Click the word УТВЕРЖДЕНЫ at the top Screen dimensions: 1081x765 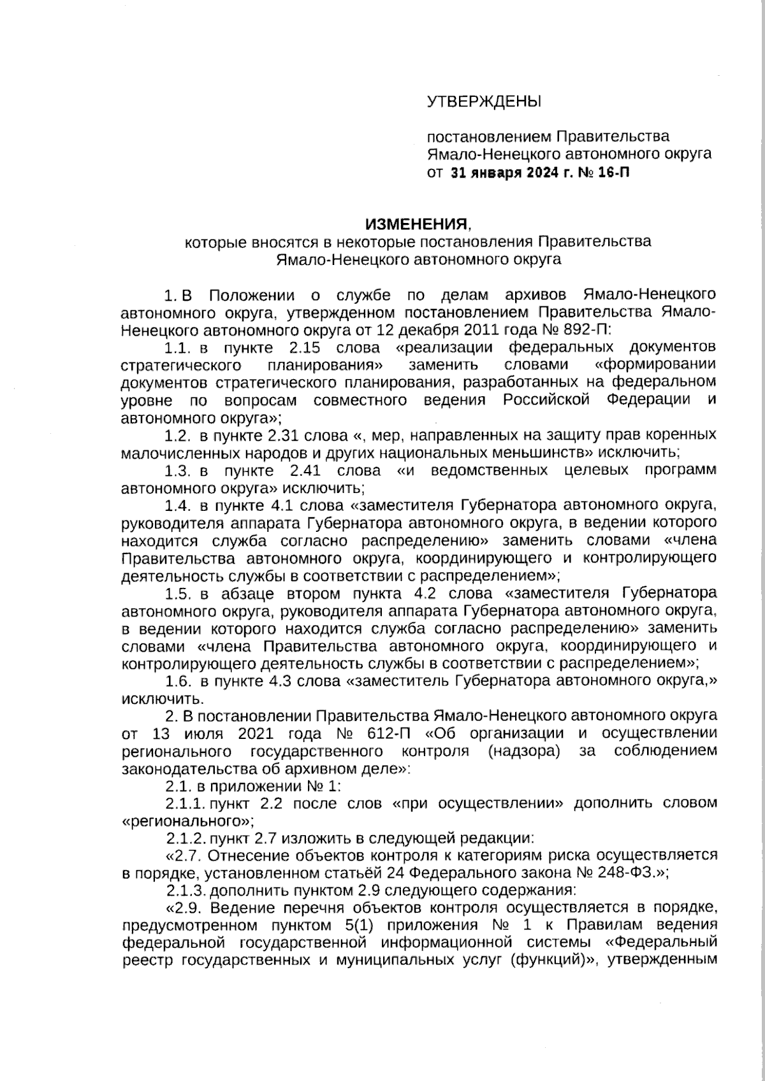point(483,101)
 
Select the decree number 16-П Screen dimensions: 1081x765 point(613,172)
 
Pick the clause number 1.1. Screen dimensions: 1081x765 point(178,348)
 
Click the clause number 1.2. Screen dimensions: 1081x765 point(178,436)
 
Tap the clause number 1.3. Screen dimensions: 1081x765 point(178,471)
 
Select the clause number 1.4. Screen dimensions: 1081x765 point(178,506)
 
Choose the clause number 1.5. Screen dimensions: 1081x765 point(178,594)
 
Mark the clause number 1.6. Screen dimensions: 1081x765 point(178,681)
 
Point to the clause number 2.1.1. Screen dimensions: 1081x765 point(187,803)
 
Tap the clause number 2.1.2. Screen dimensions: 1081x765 point(187,838)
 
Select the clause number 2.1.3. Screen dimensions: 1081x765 point(187,890)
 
